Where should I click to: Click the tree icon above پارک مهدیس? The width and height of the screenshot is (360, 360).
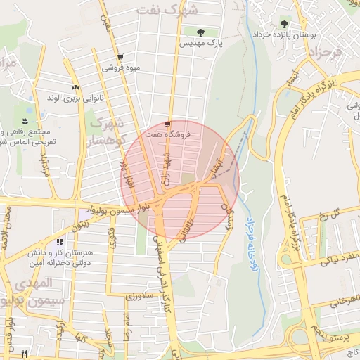point(202,32)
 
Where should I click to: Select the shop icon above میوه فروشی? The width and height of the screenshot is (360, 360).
point(121,58)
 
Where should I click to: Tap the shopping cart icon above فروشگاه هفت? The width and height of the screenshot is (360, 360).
point(167,122)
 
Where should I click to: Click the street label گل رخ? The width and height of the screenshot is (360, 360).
point(345,212)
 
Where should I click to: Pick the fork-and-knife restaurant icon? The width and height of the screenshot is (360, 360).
point(25,354)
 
